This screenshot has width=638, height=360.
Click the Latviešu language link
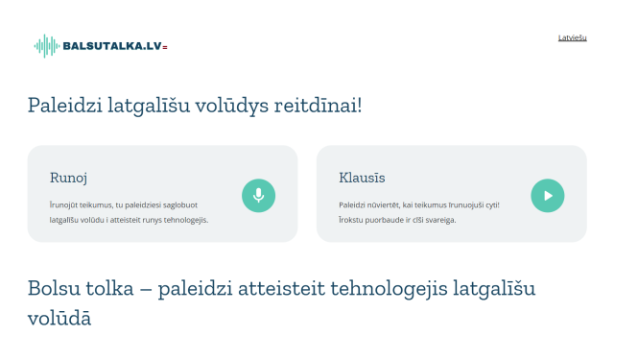click(x=572, y=37)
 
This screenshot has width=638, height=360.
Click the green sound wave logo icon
click(x=46, y=46)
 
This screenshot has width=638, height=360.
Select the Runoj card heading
click(x=69, y=178)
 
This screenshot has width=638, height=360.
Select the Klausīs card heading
click(x=362, y=178)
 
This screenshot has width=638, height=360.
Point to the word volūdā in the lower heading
click(x=59, y=318)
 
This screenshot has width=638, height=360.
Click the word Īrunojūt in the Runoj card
click(x=68, y=204)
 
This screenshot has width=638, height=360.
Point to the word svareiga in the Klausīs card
click(x=436, y=220)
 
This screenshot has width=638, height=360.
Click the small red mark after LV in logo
click(x=166, y=47)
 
